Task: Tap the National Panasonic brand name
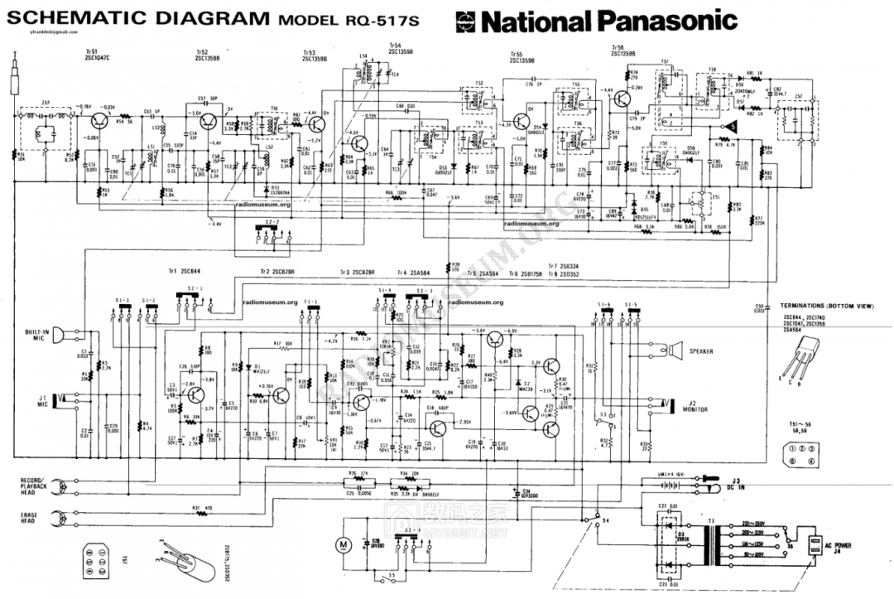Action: (608, 21)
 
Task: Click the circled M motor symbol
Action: (340, 544)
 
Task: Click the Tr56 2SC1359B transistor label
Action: (622, 51)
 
